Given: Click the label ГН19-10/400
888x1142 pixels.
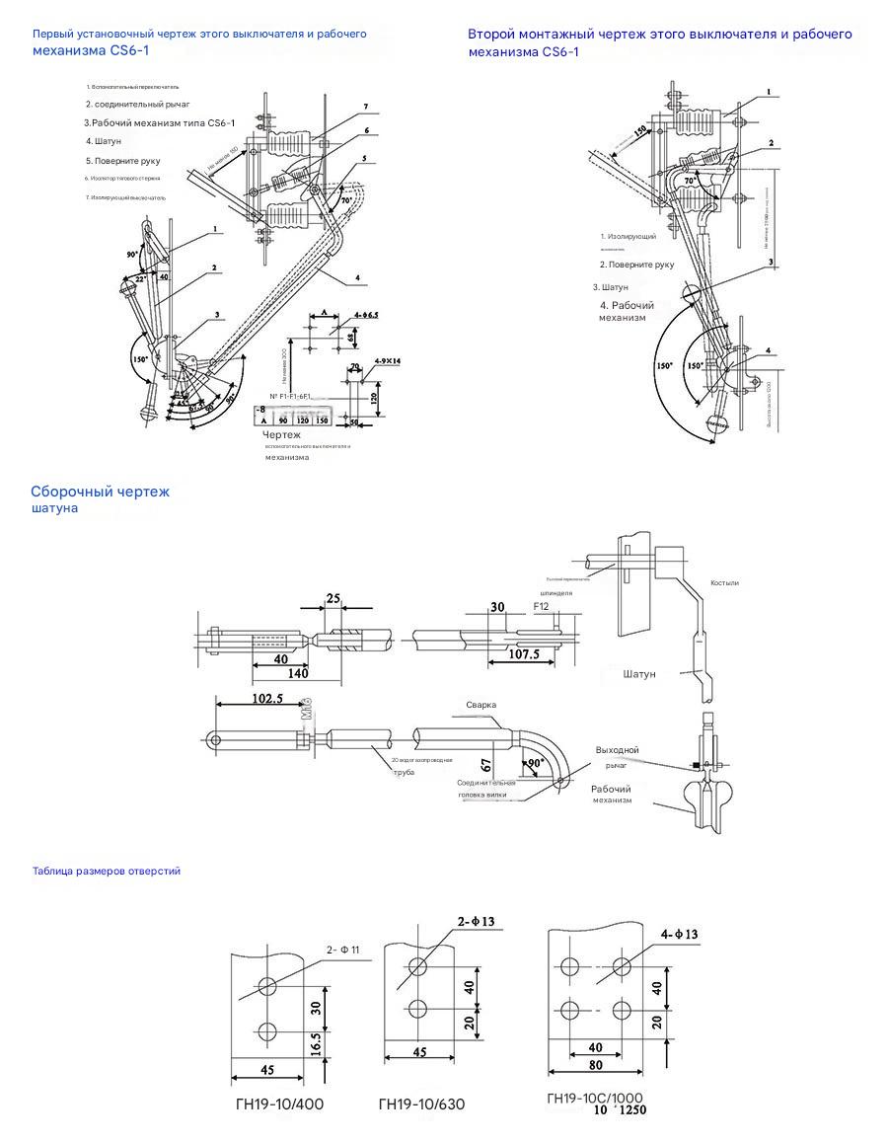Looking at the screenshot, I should coord(278,1104).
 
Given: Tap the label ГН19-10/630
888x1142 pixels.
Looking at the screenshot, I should coord(421,1104).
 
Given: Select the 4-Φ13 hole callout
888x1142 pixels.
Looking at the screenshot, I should coord(678,934).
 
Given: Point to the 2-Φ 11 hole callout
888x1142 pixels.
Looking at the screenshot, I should coord(342,951).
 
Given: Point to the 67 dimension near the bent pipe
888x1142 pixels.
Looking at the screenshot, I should coord(486,765).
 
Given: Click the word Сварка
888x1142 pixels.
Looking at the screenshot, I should coord(481,705).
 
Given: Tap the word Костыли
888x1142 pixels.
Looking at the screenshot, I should coord(724,583).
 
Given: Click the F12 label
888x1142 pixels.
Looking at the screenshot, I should coord(542,606).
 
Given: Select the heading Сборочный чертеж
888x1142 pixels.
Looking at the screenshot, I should coord(101,492).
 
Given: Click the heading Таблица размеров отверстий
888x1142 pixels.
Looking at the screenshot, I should coord(107,872).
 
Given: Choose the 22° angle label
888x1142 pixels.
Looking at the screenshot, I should coord(140,279).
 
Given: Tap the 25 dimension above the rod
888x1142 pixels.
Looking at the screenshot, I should coord(333,598).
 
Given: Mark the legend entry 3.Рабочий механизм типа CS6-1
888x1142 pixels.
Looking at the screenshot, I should coord(160,122).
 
